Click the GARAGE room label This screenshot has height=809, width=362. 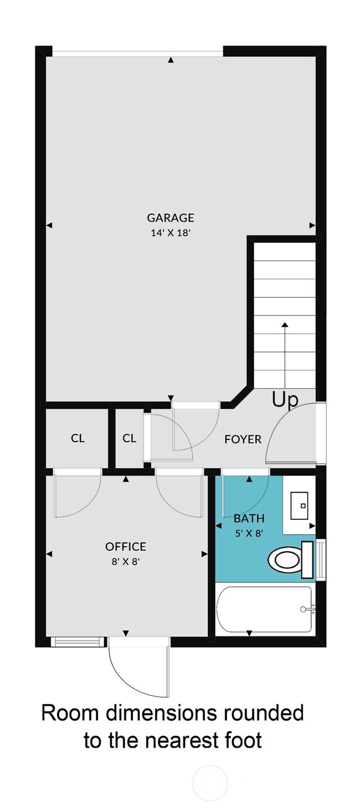click(x=171, y=218)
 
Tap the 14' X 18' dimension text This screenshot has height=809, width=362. click(x=171, y=232)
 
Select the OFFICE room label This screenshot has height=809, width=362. click(x=126, y=546)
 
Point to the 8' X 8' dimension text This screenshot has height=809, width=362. click(x=126, y=561)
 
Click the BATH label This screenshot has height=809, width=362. click(x=249, y=519)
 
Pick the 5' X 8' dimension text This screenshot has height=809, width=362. click(x=249, y=533)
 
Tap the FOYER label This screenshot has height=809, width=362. click(x=243, y=439)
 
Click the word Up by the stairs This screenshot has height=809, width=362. click(x=285, y=399)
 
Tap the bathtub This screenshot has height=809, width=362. click(x=264, y=609)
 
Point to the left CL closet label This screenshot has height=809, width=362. click(x=78, y=438)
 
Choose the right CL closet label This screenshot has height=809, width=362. click(x=129, y=438)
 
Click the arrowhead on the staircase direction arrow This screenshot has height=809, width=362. click(x=285, y=325)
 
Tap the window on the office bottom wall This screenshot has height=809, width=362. click(x=78, y=642)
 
